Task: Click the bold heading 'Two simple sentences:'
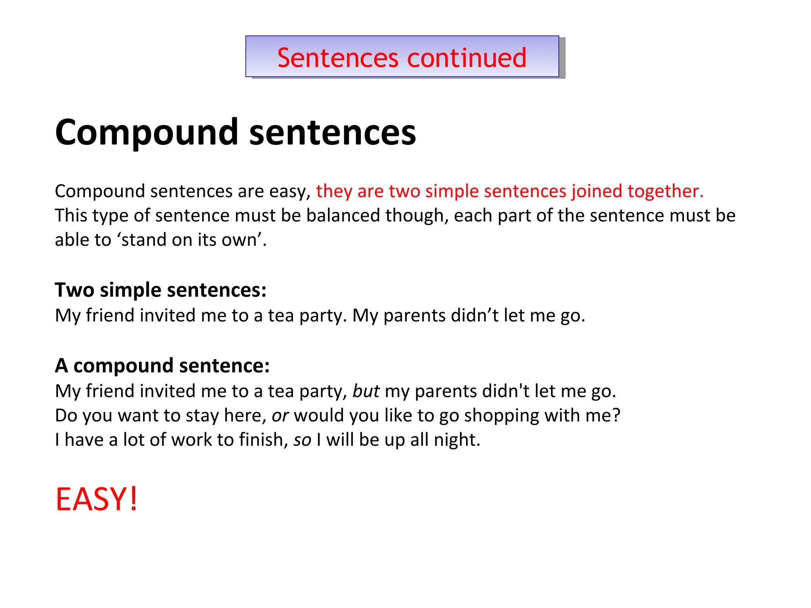[160, 290]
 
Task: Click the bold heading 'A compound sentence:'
[162, 365]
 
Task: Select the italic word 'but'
[366, 391]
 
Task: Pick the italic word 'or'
[280, 416]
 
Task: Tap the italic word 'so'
[302, 440]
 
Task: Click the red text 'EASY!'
[97, 500]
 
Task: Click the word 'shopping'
[501, 416]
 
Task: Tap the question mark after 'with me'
[616, 416]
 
